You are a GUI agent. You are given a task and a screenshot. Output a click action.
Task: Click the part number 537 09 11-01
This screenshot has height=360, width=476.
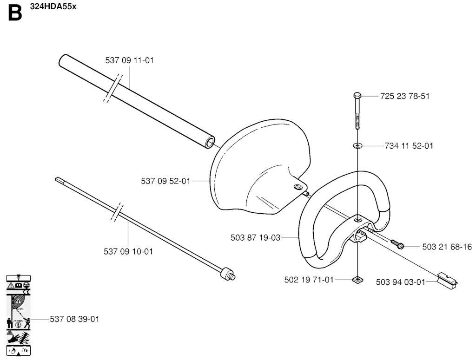pyautogui.click(x=130, y=60)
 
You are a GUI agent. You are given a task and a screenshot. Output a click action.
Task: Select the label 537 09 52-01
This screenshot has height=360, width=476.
pyautogui.click(x=165, y=181)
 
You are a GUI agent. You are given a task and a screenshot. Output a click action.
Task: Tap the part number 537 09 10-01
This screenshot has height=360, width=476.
pyautogui.click(x=128, y=251)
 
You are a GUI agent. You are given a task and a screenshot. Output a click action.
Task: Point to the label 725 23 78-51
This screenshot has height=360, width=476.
pyautogui.click(x=405, y=96)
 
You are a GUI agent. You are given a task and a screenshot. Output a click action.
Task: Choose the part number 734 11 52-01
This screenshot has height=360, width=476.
pyautogui.click(x=409, y=146)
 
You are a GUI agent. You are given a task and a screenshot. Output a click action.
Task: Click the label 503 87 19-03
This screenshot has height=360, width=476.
pyautogui.click(x=255, y=237)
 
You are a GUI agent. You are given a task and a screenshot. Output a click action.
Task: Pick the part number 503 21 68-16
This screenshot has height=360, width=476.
pyautogui.click(x=447, y=247)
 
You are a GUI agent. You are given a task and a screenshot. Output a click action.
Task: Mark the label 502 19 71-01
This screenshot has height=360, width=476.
pyautogui.click(x=309, y=280)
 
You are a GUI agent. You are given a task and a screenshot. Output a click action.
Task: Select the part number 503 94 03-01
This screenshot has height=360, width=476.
pyautogui.click(x=401, y=282)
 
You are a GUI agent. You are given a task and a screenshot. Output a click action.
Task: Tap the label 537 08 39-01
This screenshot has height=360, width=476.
pyautogui.click(x=75, y=319)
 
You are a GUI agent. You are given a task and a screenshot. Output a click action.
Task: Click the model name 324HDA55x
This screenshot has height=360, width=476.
pyautogui.click(x=53, y=7)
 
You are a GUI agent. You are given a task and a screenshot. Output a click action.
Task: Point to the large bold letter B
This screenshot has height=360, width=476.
pyautogui.click(x=15, y=13)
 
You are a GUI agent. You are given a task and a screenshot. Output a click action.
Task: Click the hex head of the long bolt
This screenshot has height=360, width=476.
pyautogui.click(x=357, y=96)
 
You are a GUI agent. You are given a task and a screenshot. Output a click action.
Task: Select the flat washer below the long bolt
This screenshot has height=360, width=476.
pyautogui.click(x=358, y=146)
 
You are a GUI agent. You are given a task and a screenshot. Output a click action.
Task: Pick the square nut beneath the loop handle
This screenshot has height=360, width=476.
pyautogui.click(x=358, y=280)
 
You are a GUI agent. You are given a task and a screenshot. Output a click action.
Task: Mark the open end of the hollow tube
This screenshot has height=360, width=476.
pyautogui.click(x=210, y=143)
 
